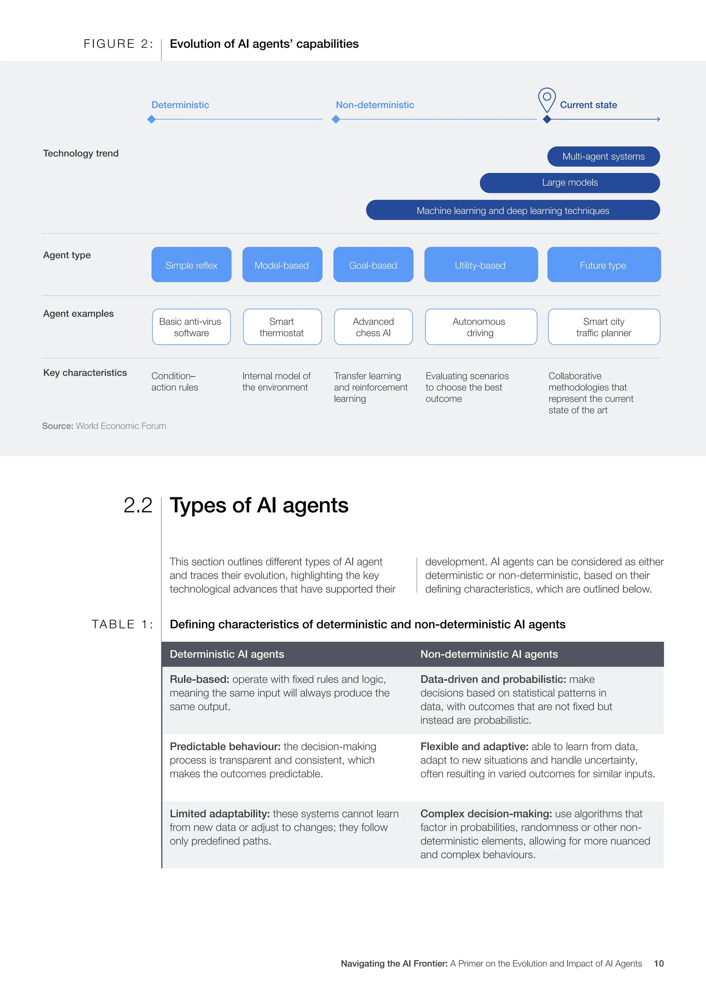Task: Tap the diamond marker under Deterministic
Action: coord(151,119)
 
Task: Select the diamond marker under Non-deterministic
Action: coord(336,119)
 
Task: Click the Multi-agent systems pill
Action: coord(603,156)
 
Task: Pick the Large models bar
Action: coord(569,183)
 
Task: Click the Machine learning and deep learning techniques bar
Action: coord(513,210)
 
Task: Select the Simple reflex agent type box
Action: coord(191,265)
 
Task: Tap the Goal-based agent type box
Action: coord(373,265)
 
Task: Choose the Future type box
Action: coord(603,265)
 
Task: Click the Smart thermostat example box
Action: coord(282,327)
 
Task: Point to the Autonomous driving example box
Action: coord(480,327)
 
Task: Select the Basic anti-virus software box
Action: coord(191,327)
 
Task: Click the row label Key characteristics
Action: coord(85,373)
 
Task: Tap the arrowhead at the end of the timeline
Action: coord(659,119)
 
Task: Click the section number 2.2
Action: coord(138,505)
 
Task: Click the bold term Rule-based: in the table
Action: coord(199,679)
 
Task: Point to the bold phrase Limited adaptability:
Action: coord(220,813)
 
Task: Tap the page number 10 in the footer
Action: coord(659,963)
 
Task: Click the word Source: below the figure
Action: coord(57,426)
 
